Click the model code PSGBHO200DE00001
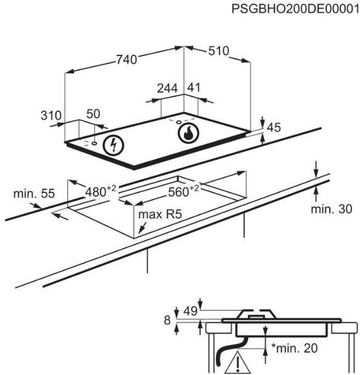click(x=295, y=9)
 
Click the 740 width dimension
click(x=127, y=60)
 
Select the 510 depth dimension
click(x=218, y=51)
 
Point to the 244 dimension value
click(x=167, y=88)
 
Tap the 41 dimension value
click(x=194, y=88)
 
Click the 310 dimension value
click(x=51, y=115)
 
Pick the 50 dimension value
click(x=93, y=114)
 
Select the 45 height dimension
click(x=274, y=128)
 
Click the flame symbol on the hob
click(x=189, y=133)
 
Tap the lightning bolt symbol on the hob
click(x=113, y=146)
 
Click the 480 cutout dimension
click(x=100, y=191)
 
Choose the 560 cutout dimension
click(x=183, y=191)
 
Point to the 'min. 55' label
click(x=34, y=194)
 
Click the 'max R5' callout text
click(x=160, y=214)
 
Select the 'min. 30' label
click(x=331, y=209)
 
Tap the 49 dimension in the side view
click(x=190, y=311)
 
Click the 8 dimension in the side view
click(x=167, y=320)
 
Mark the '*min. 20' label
click(x=294, y=348)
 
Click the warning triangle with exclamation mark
click(x=237, y=364)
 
